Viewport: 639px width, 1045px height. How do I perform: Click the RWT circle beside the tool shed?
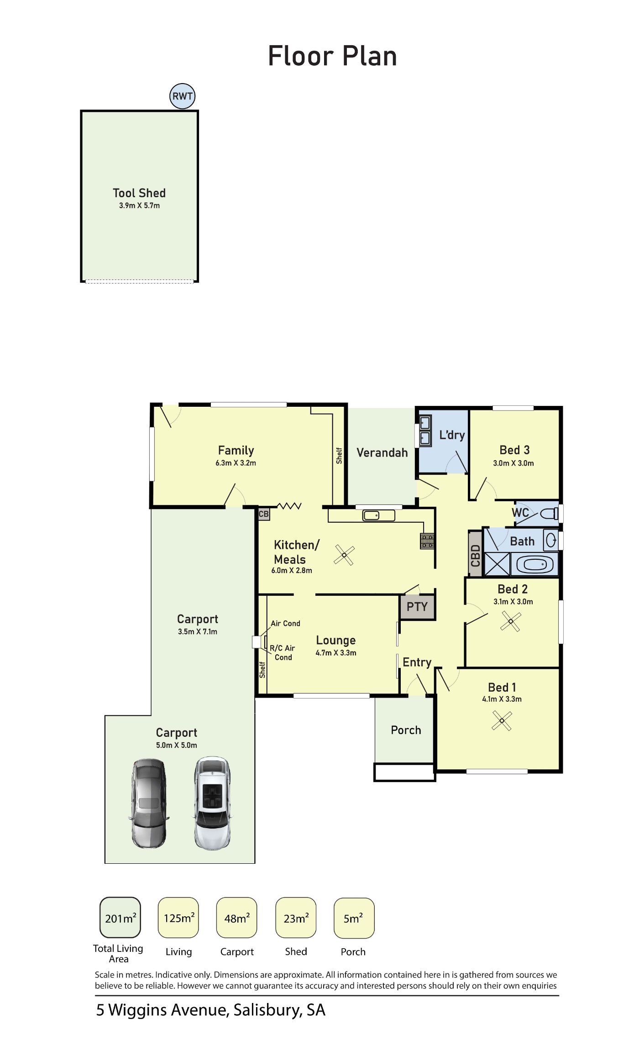point(183,96)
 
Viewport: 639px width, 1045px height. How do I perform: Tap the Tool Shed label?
point(139,193)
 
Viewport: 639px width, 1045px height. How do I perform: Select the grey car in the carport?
point(148,803)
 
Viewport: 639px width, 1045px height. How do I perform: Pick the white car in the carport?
point(212,803)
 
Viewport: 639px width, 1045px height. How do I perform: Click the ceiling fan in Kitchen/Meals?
point(344,555)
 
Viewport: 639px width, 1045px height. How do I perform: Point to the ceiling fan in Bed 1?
point(502,721)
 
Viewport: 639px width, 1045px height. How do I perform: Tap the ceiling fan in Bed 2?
point(510,621)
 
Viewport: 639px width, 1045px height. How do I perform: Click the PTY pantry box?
point(417,607)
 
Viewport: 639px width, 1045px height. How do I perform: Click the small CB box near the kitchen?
point(264,514)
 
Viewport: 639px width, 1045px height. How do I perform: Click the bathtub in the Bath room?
point(534,565)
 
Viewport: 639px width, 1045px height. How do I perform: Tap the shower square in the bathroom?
point(497,564)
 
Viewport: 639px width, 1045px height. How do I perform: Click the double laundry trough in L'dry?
point(425,431)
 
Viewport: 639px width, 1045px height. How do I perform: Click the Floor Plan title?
point(332,56)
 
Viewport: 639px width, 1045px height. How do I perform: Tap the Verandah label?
point(382,453)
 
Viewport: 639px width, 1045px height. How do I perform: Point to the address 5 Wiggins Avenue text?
point(210,1010)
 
